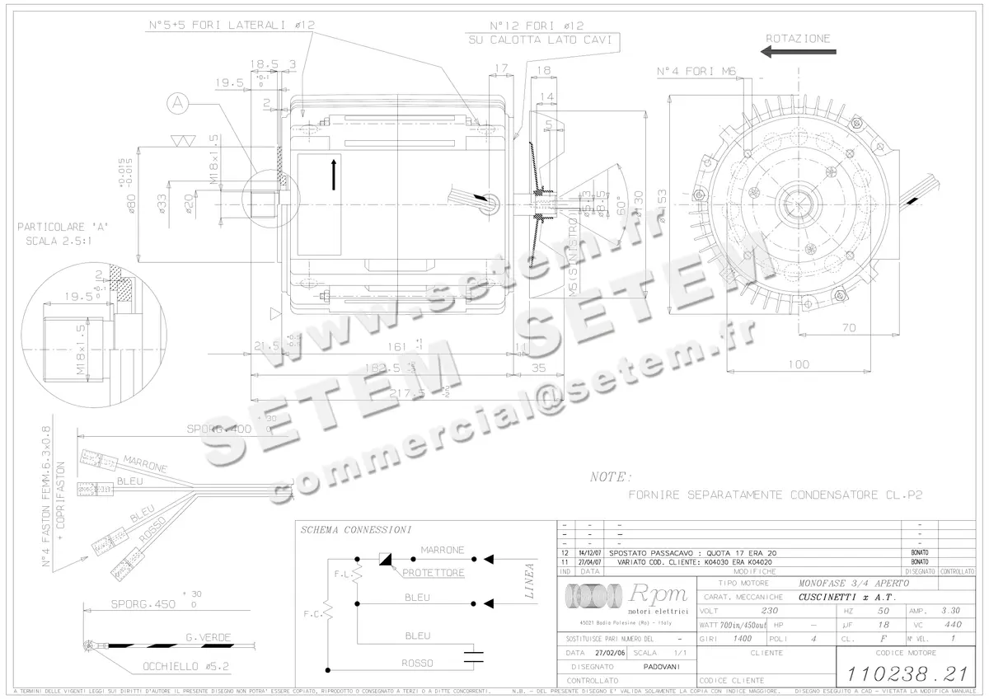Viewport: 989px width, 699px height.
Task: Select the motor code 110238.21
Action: [x=903, y=672]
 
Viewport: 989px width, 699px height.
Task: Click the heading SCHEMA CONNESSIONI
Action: [x=356, y=529]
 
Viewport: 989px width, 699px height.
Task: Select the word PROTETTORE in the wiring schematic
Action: [x=434, y=572]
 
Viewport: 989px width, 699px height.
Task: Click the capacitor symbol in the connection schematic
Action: [x=473, y=657]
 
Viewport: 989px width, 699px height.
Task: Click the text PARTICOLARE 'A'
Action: [x=63, y=226]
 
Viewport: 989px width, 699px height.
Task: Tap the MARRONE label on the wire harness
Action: [x=144, y=462]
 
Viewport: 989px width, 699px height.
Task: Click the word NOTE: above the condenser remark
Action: [x=612, y=476]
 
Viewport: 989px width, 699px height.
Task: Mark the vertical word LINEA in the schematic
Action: [x=529, y=581]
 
